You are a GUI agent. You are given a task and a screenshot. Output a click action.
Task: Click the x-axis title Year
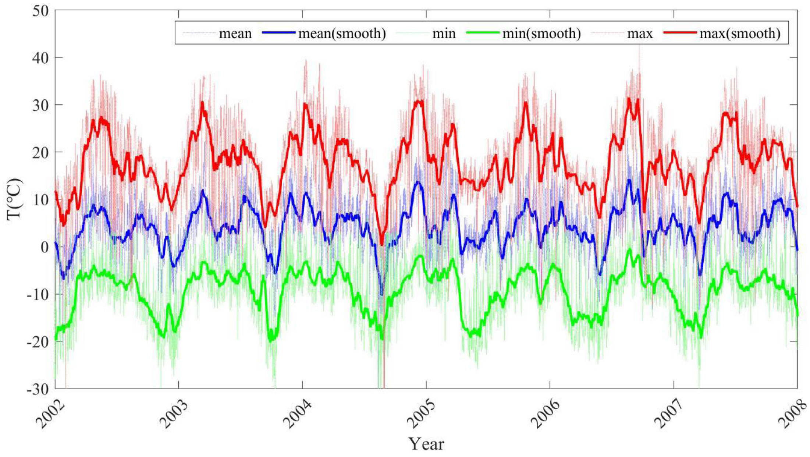(427, 444)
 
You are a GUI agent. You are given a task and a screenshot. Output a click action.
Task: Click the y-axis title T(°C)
(15, 199)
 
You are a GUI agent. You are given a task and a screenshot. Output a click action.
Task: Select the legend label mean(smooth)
(342, 33)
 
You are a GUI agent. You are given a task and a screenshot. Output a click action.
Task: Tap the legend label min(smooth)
(541, 33)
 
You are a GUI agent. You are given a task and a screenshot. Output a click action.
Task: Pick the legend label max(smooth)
(740, 33)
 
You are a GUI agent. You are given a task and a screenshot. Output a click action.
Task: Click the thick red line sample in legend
(680, 33)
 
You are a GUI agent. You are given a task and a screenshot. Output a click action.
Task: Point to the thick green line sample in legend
(483, 33)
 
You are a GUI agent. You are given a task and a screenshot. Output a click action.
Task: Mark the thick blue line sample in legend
(278, 33)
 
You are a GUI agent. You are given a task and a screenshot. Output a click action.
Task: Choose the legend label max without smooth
(640, 33)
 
